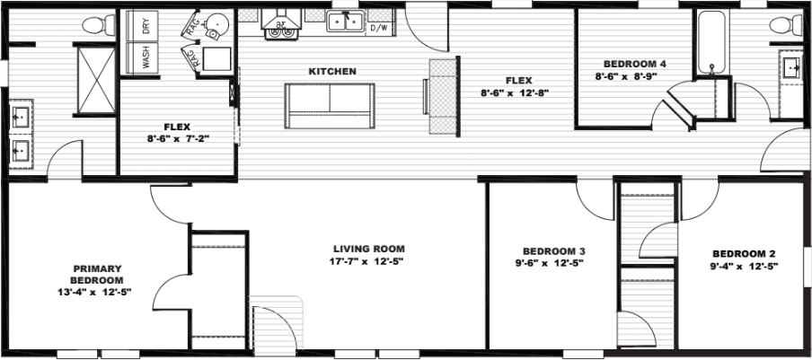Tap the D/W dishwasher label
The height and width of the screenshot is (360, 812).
coord(380,29)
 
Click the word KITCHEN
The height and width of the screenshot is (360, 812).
coord(332,71)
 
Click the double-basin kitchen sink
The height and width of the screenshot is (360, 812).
coord(345,24)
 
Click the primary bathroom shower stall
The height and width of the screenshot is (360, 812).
coord(95,70)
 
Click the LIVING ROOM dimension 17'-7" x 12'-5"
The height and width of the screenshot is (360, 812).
coord(368,262)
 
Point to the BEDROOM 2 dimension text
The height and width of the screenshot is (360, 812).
coord(745,266)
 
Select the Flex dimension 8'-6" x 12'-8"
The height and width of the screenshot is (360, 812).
coord(514,92)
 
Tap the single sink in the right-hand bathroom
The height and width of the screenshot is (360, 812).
coord(790,66)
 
